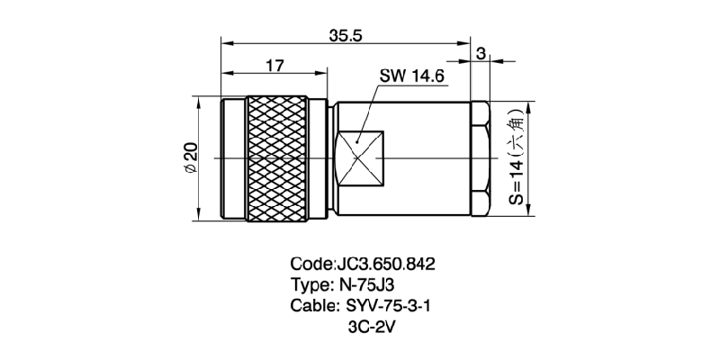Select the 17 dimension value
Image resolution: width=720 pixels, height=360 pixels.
[276, 65]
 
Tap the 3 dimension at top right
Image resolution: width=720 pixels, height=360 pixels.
[481, 54]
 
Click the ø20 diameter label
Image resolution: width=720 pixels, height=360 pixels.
[190, 157]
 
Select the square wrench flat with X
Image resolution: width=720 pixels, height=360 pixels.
[357, 158]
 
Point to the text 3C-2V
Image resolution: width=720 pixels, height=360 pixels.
[372, 328]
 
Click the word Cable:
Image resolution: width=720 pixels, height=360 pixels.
[312, 307]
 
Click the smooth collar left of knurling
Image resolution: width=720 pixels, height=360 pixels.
[234, 157]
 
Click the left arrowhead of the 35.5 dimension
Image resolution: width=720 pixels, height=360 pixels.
[227, 42]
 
